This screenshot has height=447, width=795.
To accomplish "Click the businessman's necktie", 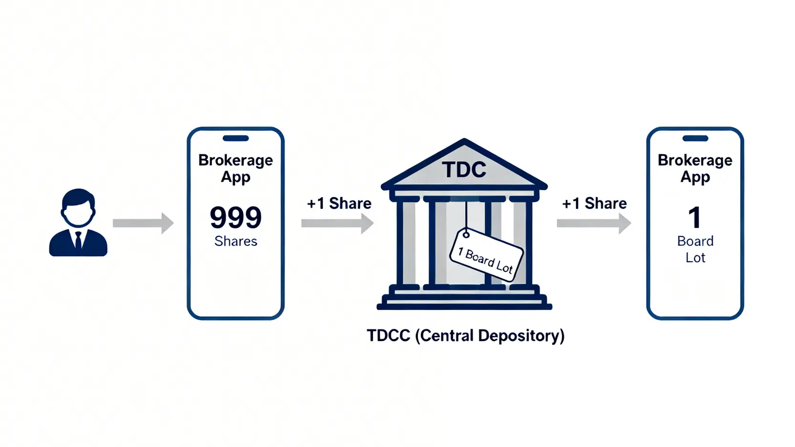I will point(78,240).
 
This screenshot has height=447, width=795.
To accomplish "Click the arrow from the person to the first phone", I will point(143,223).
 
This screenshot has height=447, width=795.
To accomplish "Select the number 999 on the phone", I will point(236,218).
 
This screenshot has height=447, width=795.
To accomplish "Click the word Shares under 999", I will point(236,241).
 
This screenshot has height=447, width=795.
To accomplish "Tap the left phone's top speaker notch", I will point(236,138).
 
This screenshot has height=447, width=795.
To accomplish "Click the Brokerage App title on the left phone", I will point(236,168).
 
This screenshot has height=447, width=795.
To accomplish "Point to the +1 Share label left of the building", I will point(339,203).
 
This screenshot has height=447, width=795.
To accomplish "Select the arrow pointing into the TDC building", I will point(337,223).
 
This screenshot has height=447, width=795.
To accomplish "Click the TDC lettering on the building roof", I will point(464,170).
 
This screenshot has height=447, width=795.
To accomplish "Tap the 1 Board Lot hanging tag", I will point(486,255).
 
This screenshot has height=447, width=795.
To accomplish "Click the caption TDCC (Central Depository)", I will point(465,336).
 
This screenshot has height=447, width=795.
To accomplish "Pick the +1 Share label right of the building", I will point(595,203).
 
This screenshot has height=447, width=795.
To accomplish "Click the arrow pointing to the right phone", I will point(594,223).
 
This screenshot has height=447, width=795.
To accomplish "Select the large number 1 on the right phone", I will point(695,218).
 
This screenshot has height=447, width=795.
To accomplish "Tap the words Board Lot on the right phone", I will point(695,249).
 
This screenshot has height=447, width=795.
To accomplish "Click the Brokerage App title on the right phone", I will point(695,168).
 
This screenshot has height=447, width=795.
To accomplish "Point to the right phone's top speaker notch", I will point(695,138).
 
